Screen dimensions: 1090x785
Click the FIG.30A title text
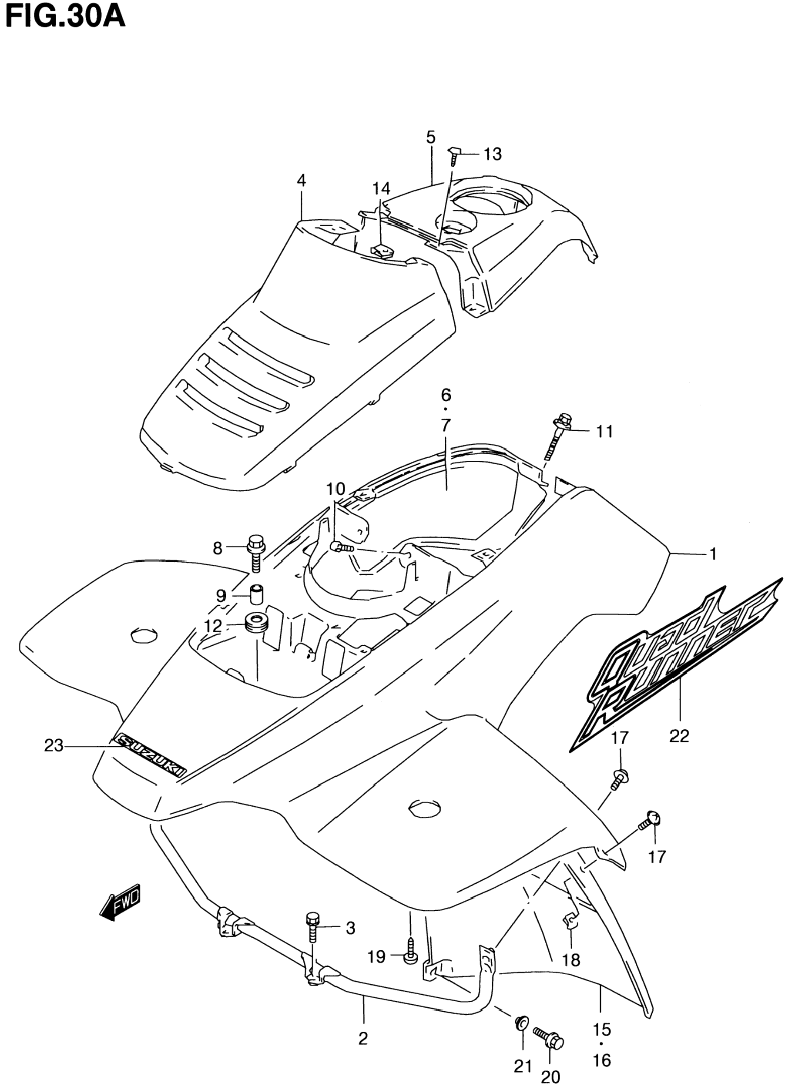tap(65, 18)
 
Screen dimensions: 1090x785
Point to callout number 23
tap(54, 745)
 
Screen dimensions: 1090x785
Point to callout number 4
tap(302, 181)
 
